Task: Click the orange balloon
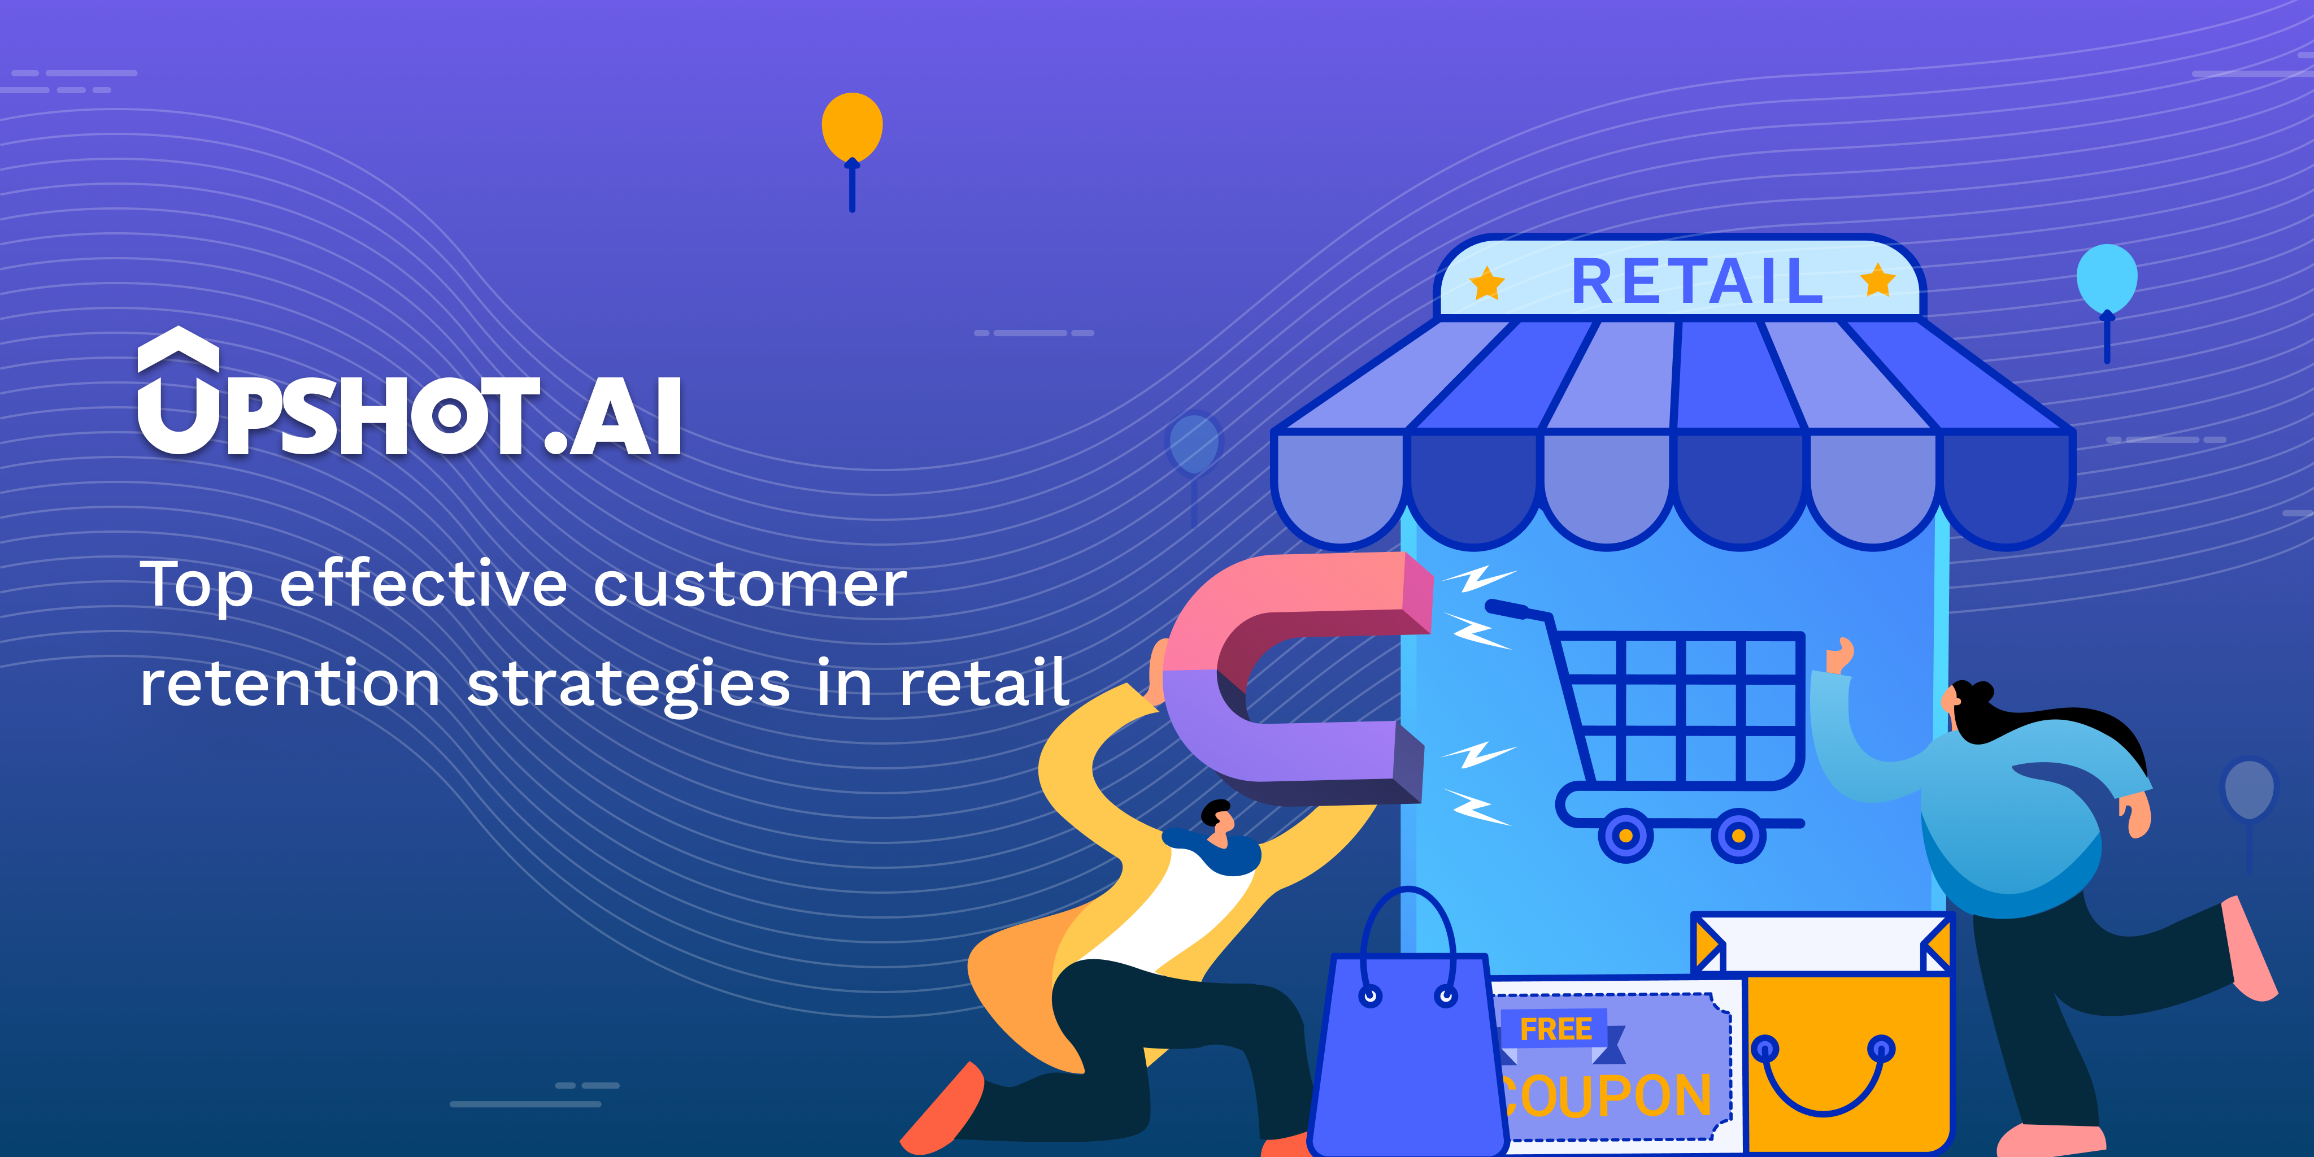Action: click(x=851, y=128)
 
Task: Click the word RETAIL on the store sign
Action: click(x=1697, y=282)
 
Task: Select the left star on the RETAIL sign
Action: click(x=1487, y=283)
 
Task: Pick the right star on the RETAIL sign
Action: click(x=1877, y=280)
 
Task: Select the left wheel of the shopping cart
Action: click(x=1625, y=836)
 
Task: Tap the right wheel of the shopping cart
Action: click(x=1738, y=836)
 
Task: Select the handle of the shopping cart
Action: click(x=1518, y=610)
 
